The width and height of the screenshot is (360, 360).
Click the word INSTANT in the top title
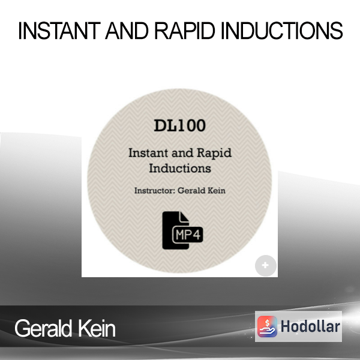59,31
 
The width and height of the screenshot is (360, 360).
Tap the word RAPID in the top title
185,31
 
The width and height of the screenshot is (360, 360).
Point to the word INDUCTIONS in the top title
282,31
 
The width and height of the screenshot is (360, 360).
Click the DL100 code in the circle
180,125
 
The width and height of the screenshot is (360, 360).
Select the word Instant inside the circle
148,153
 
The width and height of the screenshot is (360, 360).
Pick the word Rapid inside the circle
214,154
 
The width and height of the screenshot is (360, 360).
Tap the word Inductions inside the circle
180,168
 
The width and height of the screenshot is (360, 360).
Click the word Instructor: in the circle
155,191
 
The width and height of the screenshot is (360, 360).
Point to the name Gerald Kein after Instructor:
202,191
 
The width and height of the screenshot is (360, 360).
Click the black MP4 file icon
182,230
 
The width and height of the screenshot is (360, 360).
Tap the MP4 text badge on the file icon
188,235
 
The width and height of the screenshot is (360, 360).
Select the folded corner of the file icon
185,217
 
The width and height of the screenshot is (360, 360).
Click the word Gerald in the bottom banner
43,329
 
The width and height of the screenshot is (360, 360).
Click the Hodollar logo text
310,326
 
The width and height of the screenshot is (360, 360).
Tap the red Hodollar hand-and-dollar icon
267,326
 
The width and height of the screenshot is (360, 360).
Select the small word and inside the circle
182,154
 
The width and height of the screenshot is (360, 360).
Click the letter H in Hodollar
286,326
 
